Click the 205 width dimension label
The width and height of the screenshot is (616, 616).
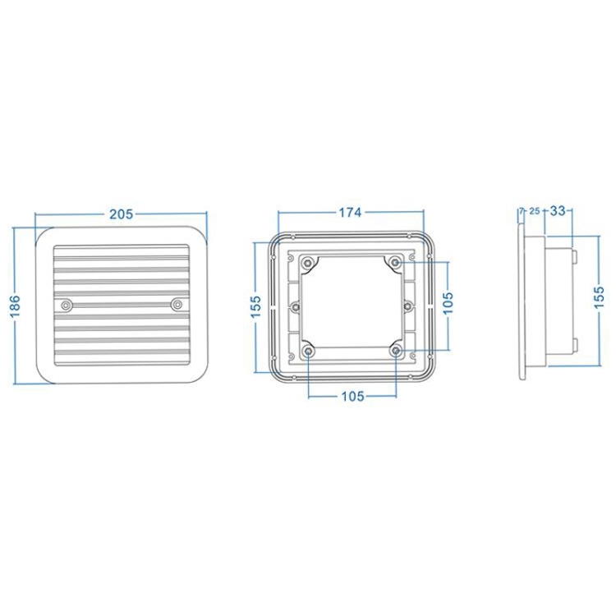pyautogui.click(x=122, y=214)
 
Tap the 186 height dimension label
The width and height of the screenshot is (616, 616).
pyautogui.click(x=15, y=306)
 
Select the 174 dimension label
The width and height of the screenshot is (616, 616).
pyautogui.click(x=350, y=213)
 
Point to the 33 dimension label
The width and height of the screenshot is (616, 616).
pyautogui.click(x=558, y=211)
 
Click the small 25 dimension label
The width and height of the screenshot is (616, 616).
pyautogui.click(x=535, y=211)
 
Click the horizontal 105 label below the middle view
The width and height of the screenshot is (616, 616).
pyautogui.click(x=353, y=397)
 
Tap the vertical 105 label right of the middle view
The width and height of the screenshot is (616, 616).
pyautogui.click(x=448, y=302)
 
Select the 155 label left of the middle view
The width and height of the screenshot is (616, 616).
pyautogui.click(x=255, y=307)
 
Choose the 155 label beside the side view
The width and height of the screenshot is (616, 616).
pyautogui.click(x=600, y=297)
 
